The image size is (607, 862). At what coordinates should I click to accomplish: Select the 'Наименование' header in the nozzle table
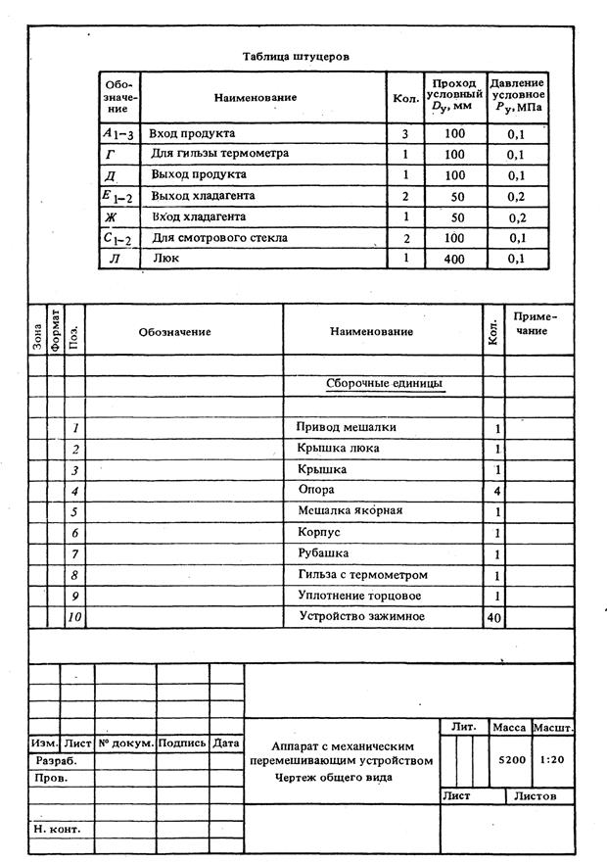256,98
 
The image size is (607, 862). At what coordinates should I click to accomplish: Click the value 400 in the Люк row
454,259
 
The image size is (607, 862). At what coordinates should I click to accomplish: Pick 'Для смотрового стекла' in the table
205,238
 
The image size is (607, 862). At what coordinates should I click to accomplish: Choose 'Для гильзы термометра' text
210,154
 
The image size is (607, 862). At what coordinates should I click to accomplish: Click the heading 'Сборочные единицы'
384,383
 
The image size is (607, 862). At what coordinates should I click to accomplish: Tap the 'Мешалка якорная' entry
350,510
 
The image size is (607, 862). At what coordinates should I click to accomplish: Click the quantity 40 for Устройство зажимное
493,617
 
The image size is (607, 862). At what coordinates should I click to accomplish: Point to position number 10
74,617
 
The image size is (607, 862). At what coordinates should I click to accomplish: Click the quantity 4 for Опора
497,490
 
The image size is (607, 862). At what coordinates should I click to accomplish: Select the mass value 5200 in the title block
511,759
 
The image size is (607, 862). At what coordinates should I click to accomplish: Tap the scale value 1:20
553,759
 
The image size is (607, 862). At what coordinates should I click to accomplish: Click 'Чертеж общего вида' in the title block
334,777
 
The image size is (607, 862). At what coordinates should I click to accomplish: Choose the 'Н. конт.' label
56,829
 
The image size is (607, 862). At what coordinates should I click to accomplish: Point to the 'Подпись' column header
182,743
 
